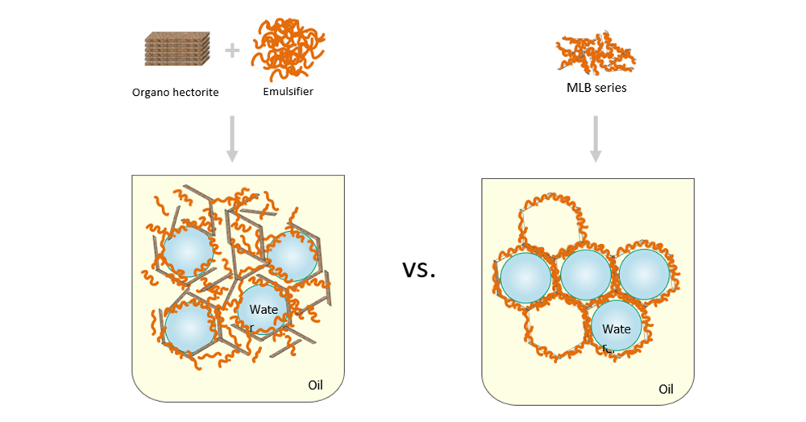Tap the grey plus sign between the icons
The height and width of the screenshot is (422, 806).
232,51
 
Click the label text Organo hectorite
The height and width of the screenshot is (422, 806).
175,93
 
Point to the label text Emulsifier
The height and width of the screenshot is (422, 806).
288,91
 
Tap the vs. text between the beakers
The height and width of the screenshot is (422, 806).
419,269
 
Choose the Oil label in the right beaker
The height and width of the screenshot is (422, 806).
666,389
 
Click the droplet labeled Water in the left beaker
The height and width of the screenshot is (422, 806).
263,312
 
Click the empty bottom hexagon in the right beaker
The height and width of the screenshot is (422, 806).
556,330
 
